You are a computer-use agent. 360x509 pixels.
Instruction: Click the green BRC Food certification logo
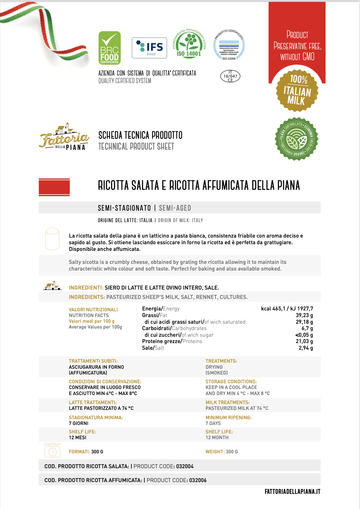tap(110, 48)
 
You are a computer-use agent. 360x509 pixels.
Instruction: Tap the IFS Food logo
tap(149, 48)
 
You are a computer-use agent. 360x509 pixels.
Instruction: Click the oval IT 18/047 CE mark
tap(230, 76)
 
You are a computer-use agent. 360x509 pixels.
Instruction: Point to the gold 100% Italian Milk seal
tap(297, 90)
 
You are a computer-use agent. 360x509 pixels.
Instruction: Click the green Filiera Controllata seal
tap(297, 139)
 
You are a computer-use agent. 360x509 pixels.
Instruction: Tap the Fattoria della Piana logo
tap(64, 138)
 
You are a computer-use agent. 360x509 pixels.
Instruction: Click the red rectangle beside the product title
tap(54, 187)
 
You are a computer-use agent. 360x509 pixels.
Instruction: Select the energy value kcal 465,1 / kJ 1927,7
tap(287, 309)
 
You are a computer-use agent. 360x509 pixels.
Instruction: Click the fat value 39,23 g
tap(304, 315)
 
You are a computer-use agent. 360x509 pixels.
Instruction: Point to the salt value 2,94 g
tap(306, 348)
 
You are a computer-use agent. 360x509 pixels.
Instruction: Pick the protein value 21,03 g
tap(304, 341)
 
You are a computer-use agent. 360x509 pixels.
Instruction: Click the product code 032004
tap(185, 466)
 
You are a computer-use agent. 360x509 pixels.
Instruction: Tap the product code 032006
tap(198, 480)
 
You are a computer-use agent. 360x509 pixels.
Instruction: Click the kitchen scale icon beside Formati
tap(53, 450)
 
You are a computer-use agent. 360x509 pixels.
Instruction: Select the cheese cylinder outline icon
tap(52, 239)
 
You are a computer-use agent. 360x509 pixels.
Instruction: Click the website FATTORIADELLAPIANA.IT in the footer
tap(292, 492)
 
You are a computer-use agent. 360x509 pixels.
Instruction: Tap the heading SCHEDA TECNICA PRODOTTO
tap(140, 135)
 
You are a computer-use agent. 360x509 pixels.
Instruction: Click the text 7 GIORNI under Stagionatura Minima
tap(79, 423)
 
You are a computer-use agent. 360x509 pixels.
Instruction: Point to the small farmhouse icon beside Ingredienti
tap(52, 286)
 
